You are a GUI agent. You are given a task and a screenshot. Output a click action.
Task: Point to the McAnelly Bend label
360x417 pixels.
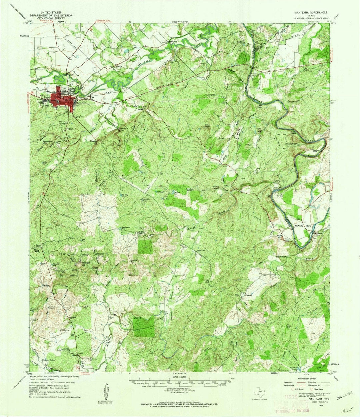click(x=304, y=226)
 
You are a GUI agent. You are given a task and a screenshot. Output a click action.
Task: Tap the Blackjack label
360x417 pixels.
click(x=78, y=263)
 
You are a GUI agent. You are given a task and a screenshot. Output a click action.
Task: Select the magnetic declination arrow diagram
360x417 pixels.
click(x=107, y=392)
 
